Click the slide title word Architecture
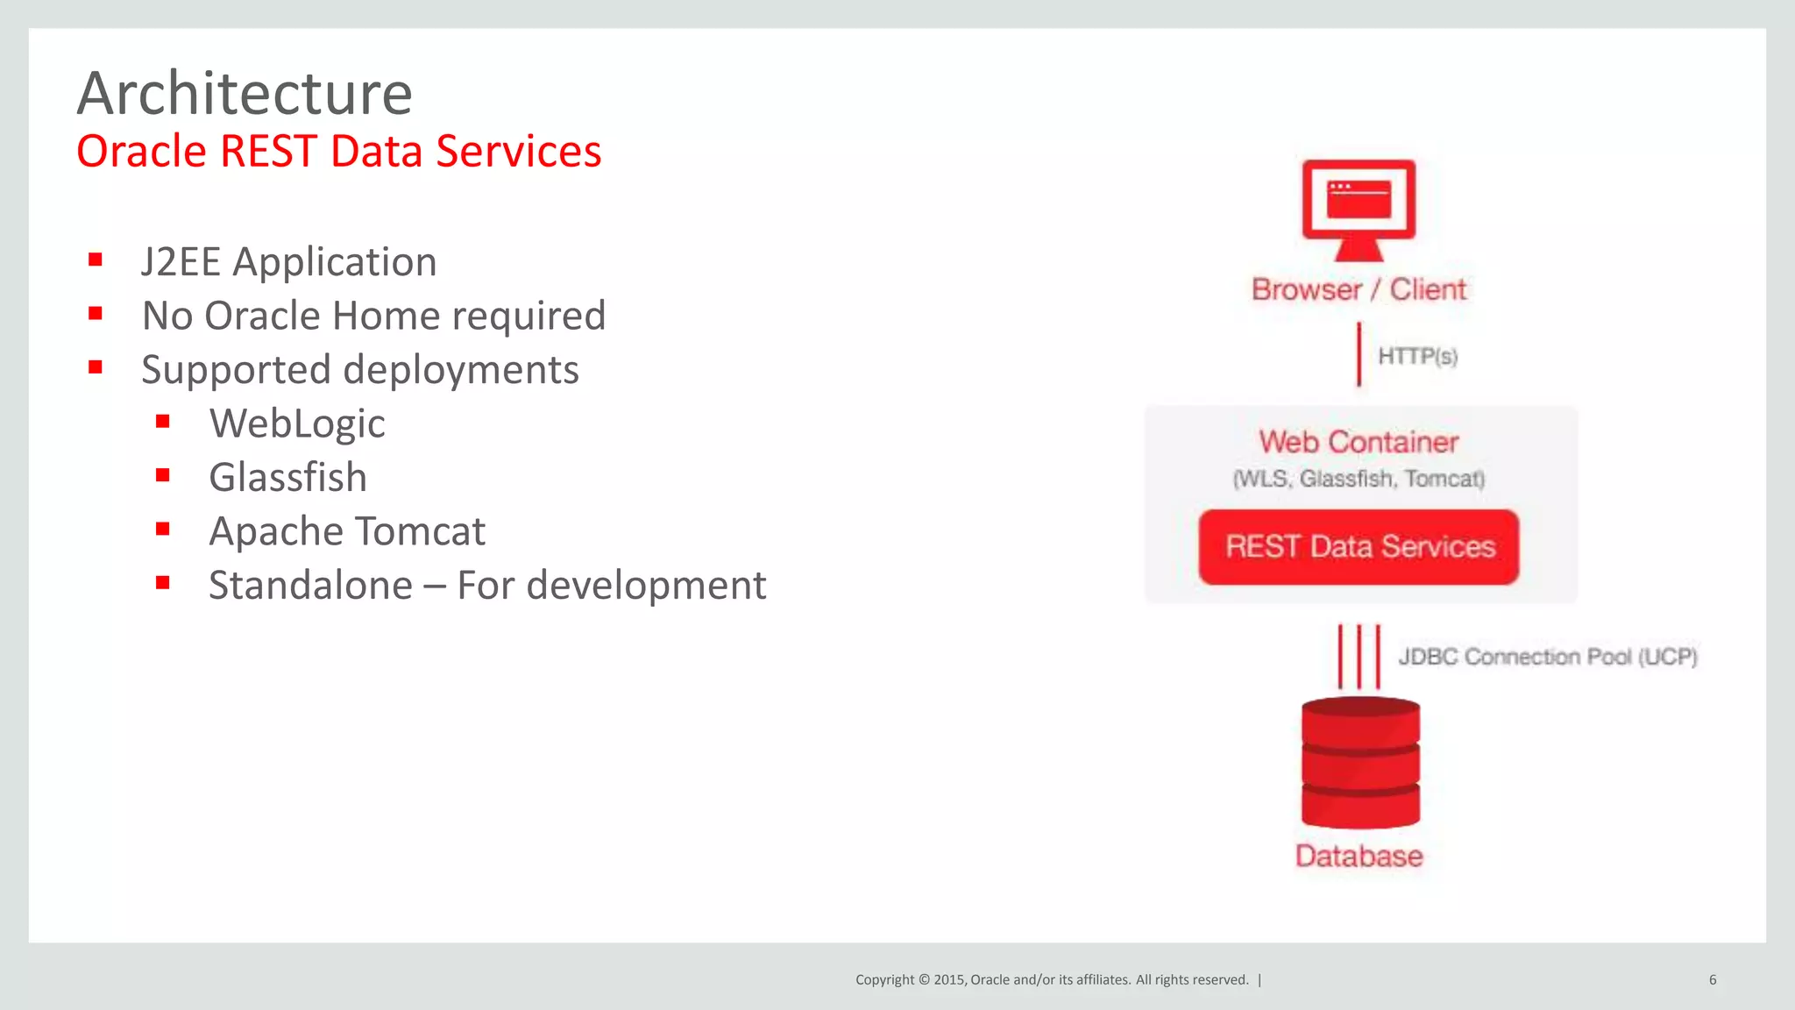tap(245, 94)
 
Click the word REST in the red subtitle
tap(267, 151)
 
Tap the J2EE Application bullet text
tap(288, 262)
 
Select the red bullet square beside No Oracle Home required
tap(96, 313)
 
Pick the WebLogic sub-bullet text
tap(297, 424)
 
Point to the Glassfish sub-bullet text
tap(287, 478)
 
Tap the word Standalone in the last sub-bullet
tap(310, 586)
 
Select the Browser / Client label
tap(1359, 289)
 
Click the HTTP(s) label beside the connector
tap(1417, 356)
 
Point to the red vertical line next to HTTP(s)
tap(1359, 354)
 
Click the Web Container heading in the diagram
tap(1359, 442)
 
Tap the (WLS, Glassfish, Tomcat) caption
tap(1359, 479)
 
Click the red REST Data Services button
tap(1359, 547)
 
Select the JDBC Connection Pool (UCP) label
tap(1548, 657)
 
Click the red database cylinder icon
tap(1360, 763)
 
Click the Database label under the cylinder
tap(1359, 856)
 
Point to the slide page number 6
tap(1712, 979)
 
